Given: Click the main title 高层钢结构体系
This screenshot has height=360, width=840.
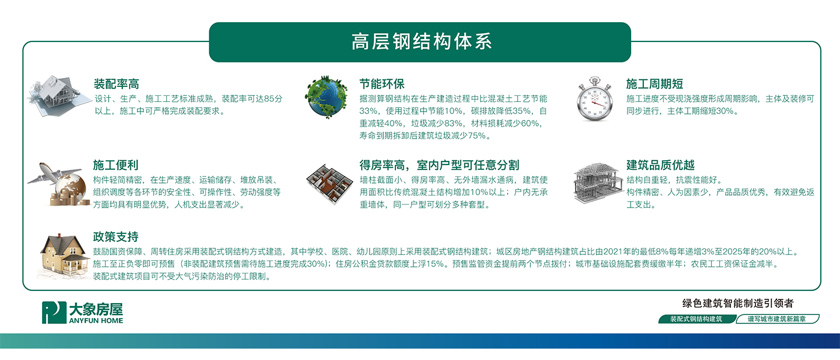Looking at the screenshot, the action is point(421,41).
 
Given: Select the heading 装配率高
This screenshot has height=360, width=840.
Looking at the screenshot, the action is point(116,84).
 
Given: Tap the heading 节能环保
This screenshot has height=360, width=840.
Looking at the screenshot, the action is point(382,84).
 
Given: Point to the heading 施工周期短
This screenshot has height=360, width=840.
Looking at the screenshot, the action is point(655,84).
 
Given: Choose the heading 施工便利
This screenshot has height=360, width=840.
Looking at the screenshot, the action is point(115,165).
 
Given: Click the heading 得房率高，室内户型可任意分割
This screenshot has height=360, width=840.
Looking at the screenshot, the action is point(439,165).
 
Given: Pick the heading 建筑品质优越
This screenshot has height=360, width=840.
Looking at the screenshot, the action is point(661,165).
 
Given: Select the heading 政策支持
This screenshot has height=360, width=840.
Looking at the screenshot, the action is point(115,237).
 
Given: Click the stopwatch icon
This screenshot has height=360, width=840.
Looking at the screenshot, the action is point(595,98).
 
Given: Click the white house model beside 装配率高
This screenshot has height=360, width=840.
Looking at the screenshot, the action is point(58,95).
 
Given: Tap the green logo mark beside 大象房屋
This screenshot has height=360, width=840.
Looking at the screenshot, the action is point(54,313).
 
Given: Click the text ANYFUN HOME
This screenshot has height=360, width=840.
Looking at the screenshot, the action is point(96,320).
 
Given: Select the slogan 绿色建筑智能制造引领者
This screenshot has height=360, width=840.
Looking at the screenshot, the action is point(737,303).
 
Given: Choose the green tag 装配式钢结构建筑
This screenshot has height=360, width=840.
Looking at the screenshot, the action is point(697,319).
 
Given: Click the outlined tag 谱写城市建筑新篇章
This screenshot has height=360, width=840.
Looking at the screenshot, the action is point(777,319).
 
